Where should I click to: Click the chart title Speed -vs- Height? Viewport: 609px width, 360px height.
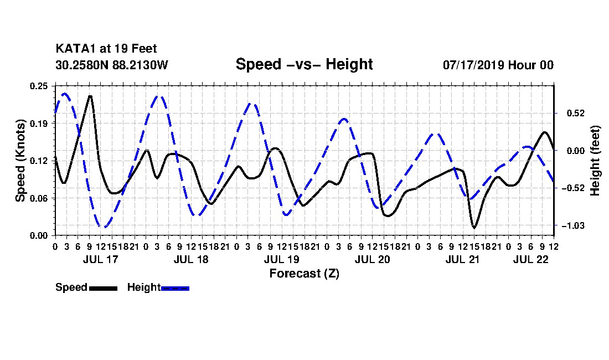(x=304, y=64)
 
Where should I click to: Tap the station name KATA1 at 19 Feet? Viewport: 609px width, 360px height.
(x=106, y=49)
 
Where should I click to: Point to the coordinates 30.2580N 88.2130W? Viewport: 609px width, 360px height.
(x=111, y=65)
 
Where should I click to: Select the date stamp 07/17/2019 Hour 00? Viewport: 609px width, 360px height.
(x=498, y=65)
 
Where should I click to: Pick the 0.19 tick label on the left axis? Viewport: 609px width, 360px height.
(x=39, y=124)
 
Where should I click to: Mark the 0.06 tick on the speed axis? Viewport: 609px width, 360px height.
(x=39, y=198)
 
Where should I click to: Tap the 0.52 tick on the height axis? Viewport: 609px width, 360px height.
(x=576, y=114)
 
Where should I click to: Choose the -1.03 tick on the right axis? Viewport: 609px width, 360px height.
(x=573, y=225)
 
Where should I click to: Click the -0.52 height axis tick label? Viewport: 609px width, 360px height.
(x=573, y=188)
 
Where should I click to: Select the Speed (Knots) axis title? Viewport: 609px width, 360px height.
(x=20, y=161)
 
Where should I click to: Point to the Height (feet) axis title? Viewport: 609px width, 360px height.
(x=595, y=161)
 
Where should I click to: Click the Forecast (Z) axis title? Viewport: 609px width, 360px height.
(x=304, y=274)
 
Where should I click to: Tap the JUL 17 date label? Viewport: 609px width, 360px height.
(x=100, y=259)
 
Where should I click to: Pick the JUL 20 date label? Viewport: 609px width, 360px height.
(x=372, y=259)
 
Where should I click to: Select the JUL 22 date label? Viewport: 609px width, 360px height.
(x=530, y=259)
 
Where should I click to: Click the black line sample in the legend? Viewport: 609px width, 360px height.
(x=103, y=288)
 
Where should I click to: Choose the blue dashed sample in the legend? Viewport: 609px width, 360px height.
(x=175, y=288)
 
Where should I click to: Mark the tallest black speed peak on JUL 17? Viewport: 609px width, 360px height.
(x=90, y=96)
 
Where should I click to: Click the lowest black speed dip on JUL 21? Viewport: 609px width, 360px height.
(x=474, y=227)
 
